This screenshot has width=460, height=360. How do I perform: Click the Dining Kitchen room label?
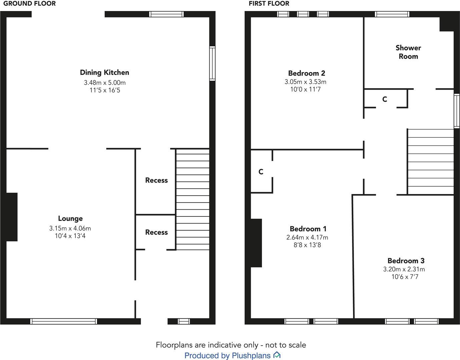[104, 72]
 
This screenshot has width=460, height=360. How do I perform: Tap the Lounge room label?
[70, 218]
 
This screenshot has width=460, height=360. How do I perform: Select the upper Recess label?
[156, 180]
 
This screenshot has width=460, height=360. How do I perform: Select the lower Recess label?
[156, 232]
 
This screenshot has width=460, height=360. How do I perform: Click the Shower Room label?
[408, 52]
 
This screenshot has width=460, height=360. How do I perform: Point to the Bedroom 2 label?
[306, 73]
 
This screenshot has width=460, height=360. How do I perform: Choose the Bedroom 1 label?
[308, 229]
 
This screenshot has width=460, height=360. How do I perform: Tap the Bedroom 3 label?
[406, 261]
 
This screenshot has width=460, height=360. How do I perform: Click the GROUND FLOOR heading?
[30, 4]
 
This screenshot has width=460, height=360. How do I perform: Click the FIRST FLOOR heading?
[269, 4]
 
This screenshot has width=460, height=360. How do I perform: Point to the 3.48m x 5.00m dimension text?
[105, 82]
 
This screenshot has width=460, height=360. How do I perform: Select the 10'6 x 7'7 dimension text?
[405, 277]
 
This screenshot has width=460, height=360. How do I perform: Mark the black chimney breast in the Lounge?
[12, 217]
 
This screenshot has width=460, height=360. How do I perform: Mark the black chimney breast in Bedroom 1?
[256, 243]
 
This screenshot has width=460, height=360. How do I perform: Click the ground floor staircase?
[193, 199]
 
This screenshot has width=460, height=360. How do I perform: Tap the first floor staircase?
[431, 162]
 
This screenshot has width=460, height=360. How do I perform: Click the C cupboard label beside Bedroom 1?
[261, 172]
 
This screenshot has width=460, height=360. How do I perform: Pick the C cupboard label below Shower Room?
[385, 99]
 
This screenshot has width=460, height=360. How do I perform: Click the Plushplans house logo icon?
[277, 355]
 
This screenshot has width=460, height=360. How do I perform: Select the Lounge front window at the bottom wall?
[63, 321]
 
